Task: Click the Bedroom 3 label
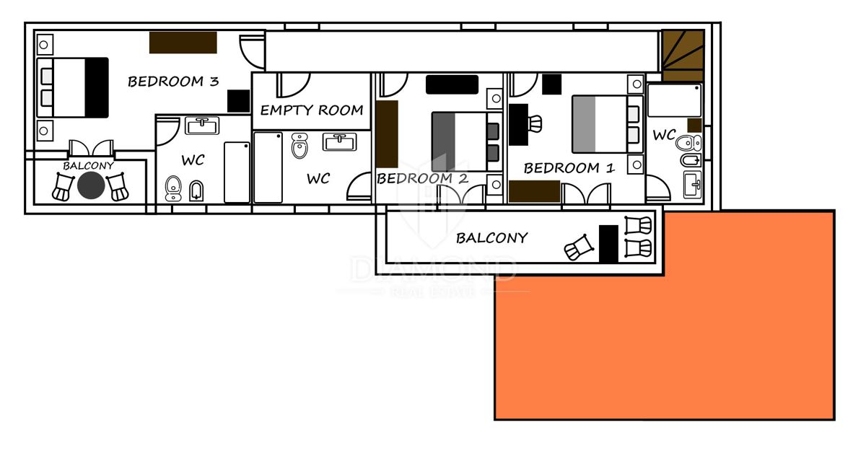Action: [x=173, y=82]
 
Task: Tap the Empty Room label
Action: [x=312, y=110]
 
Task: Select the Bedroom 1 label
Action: [x=569, y=168]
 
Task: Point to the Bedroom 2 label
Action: [x=422, y=178]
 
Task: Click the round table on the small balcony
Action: [x=91, y=185]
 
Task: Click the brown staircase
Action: [x=683, y=56]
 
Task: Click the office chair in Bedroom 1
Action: [x=534, y=124]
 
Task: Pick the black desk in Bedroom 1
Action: [x=518, y=124]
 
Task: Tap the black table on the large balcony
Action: [x=608, y=244]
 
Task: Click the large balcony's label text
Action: [x=491, y=238]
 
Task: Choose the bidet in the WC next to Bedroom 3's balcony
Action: [x=196, y=191]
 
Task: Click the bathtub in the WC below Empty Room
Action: [x=268, y=167]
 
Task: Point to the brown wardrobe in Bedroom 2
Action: [x=387, y=134]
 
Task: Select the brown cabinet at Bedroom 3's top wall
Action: [x=183, y=43]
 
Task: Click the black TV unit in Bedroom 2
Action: [x=452, y=84]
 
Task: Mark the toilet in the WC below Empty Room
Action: [x=299, y=146]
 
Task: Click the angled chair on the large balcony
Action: [x=578, y=248]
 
